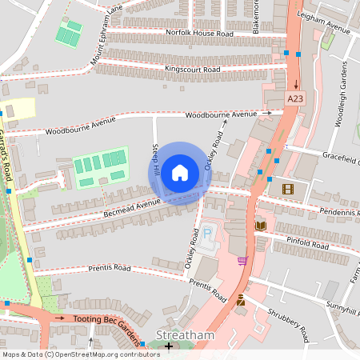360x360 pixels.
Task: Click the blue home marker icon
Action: pos(180,172)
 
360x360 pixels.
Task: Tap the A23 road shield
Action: pos(296,98)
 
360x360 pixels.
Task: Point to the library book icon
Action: pos(260,226)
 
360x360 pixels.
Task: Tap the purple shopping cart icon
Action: pos(242,261)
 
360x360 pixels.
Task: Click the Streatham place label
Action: pos(185,335)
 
